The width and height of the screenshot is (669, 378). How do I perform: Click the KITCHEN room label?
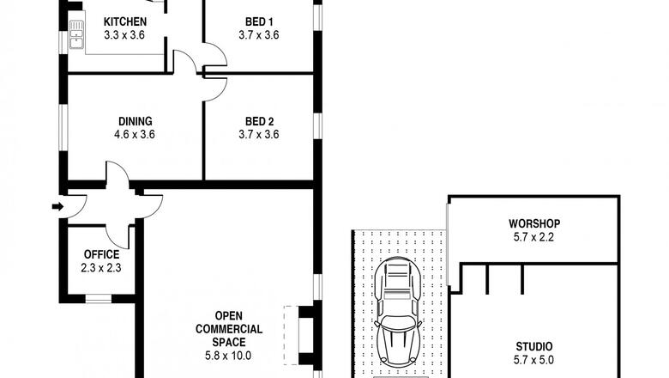[125, 21]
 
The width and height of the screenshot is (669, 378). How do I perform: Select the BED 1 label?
[259, 21]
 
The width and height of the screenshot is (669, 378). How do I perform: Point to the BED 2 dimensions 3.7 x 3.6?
[259, 135]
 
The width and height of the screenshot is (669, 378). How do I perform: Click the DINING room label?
[136, 121]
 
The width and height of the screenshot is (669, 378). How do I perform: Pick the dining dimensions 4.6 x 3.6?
[135, 135]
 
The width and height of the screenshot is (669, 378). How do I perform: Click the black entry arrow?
[57, 207]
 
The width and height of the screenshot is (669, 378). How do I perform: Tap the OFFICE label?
[101, 254]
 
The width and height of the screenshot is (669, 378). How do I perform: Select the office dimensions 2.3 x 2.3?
[101, 268]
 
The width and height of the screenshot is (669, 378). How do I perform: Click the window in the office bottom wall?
[99, 299]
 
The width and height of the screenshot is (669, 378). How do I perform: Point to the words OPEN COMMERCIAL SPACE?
[229, 329]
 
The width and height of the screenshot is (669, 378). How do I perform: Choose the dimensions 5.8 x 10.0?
[228, 356]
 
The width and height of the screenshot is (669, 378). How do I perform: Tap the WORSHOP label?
[534, 223]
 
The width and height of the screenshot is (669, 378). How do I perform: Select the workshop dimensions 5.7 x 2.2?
[533, 236]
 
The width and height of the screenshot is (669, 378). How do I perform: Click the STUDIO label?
[534, 346]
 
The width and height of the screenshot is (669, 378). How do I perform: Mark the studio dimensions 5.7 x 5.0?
[533, 360]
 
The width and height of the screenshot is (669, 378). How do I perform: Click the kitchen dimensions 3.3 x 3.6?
[124, 34]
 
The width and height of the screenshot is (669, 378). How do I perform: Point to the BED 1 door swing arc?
[220, 51]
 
